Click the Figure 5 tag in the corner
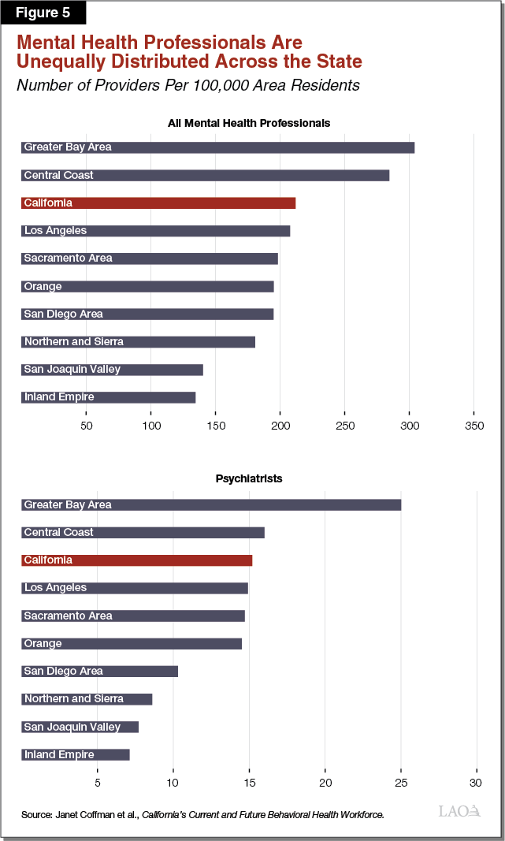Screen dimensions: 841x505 coord(43,13)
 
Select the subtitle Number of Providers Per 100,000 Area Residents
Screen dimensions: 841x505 coord(188,85)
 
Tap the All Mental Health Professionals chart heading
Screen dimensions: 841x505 coord(248,123)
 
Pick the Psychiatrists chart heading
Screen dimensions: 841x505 coord(248,478)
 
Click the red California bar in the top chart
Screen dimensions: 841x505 coord(158,203)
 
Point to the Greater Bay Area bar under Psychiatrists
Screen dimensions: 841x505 coord(211,504)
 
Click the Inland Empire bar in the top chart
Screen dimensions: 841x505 coord(108,397)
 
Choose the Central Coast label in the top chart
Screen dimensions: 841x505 coord(58,175)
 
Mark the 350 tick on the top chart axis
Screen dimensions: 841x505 coord(473,426)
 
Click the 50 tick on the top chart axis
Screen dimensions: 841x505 coord(87,426)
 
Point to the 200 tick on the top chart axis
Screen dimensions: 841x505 coord(280,426)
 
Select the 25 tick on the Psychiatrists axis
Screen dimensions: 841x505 coord(401,783)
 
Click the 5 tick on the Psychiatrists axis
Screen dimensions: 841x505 coord(97,783)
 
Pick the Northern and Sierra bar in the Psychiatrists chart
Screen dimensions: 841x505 coord(87,699)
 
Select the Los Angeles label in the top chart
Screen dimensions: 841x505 coord(55,231)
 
